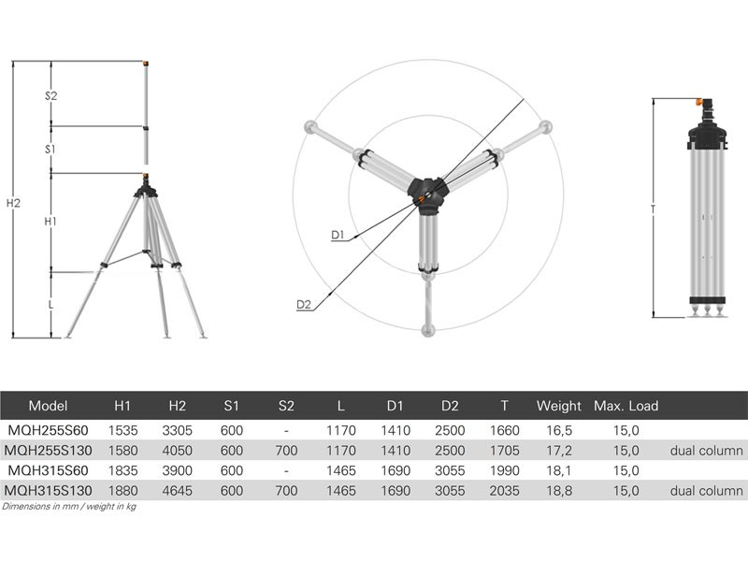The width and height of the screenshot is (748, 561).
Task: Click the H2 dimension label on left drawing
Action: point(13,203)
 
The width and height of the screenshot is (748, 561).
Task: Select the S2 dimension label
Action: point(51,96)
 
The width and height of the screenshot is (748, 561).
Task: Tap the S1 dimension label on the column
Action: point(51,150)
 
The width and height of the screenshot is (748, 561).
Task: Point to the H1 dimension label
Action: point(51,222)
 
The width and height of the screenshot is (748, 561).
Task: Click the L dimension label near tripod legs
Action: point(51,305)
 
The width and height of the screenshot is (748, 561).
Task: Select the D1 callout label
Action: point(338,236)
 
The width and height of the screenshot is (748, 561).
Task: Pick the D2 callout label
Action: point(304,305)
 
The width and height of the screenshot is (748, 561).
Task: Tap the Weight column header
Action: point(558,406)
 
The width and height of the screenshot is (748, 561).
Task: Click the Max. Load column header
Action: point(626,406)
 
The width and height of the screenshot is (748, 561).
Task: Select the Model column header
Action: point(49,406)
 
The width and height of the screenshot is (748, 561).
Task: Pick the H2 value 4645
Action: point(177,490)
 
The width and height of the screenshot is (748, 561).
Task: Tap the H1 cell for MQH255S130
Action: point(122,451)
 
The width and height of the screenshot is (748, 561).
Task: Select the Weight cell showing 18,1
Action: point(558,470)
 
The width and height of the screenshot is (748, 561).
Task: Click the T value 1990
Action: point(504,470)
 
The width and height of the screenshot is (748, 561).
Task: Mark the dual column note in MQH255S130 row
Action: point(706,451)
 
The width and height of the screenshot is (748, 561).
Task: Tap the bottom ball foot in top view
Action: point(428,329)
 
